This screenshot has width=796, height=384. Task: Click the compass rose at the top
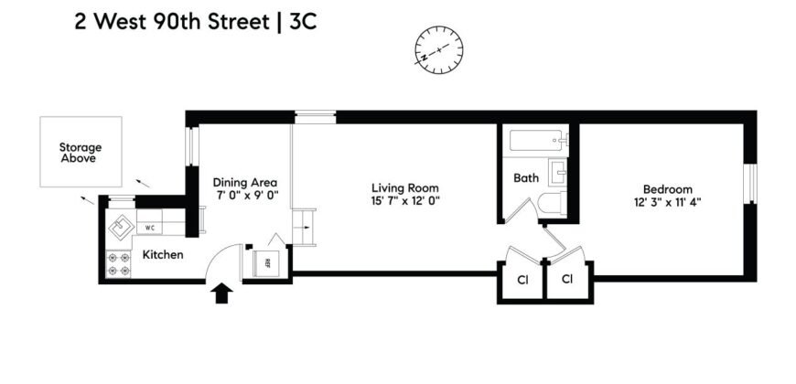pos(440,48)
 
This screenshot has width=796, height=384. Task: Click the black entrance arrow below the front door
pos(221,293)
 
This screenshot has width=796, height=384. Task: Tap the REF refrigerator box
pos(267,262)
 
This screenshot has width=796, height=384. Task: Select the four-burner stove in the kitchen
pos(119,264)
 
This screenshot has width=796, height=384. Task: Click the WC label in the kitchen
pos(149,227)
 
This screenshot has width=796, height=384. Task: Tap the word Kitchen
pos(162,254)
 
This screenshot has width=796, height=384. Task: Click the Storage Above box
pos(80,152)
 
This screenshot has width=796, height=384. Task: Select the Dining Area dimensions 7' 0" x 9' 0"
pos(246,196)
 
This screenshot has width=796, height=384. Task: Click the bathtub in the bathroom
pos(536,142)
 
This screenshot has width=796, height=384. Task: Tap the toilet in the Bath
pos(552,206)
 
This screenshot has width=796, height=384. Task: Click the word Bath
pos(525,178)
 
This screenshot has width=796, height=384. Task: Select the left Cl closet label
pos(522,278)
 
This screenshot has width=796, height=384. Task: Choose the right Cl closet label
pos(567,278)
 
